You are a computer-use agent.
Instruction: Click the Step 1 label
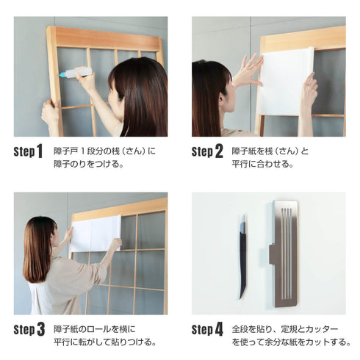(28, 152)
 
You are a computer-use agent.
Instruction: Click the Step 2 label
(207, 152)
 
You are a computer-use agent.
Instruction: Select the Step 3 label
(29, 329)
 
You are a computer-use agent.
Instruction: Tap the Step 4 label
(207, 329)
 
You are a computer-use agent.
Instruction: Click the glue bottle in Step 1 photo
(76, 72)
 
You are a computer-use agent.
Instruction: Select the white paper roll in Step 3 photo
(96, 234)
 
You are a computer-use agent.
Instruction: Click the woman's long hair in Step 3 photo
(38, 250)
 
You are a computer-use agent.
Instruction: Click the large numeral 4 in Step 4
(219, 329)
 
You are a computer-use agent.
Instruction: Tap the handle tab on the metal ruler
(273, 254)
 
